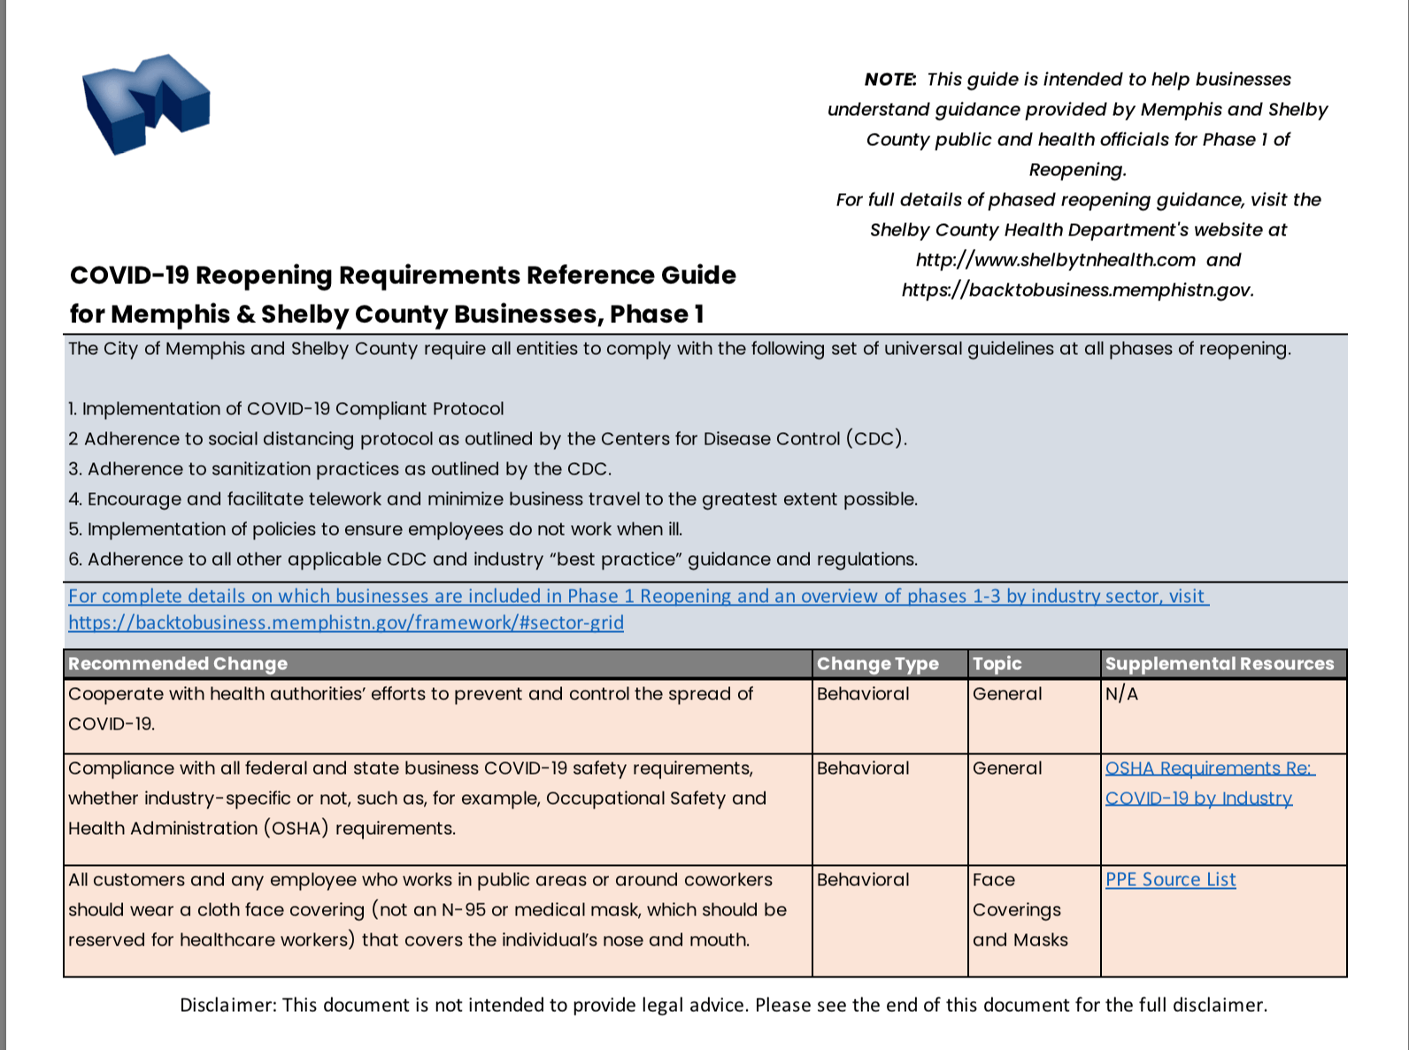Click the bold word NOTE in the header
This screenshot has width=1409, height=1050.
point(889,80)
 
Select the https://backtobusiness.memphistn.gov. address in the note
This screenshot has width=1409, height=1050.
point(1077,290)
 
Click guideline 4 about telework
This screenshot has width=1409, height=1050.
point(492,499)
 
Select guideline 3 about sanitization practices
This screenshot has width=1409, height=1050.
point(340,469)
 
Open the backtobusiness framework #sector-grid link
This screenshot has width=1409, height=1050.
point(345,622)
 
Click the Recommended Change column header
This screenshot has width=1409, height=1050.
point(178,664)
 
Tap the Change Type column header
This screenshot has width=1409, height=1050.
point(877,664)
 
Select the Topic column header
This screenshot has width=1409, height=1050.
point(997,664)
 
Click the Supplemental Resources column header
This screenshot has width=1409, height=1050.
point(1219,664)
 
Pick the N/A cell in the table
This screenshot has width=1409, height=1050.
point(1121,694)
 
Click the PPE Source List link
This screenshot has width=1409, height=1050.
point(1170,880)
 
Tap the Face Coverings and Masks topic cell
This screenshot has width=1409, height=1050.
point(1019,910)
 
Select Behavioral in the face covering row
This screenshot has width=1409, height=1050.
point(863,880)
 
